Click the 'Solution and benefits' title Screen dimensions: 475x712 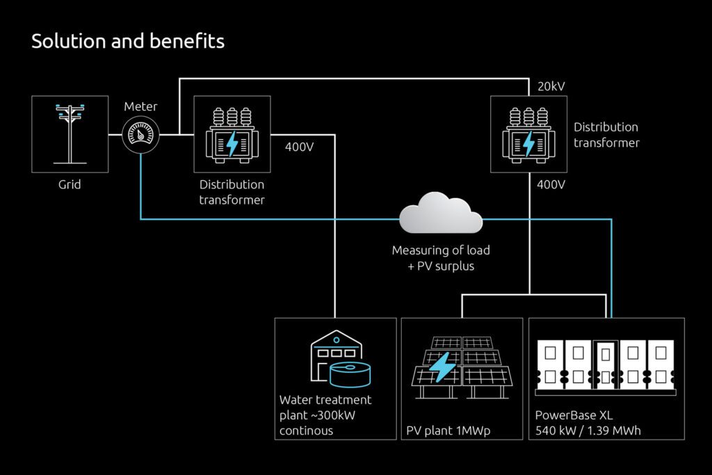(128, 42)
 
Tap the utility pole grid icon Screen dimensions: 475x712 (70, 134)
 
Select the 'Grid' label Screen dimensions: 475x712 (70, 184)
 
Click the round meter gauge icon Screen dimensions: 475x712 (140, 134)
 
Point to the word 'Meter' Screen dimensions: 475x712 (140, 106)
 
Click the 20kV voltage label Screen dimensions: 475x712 (551, 86)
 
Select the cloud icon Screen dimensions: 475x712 (440, 215)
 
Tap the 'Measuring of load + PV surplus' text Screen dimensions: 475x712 (440, 258)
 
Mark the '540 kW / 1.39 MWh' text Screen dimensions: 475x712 (588, 430)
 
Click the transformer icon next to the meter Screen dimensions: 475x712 (232, 134)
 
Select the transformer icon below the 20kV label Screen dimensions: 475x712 (528, 134)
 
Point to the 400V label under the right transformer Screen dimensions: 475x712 (551, 185)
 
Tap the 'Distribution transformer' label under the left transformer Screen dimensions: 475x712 (232, 192)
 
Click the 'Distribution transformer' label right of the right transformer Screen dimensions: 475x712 (606, 134)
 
